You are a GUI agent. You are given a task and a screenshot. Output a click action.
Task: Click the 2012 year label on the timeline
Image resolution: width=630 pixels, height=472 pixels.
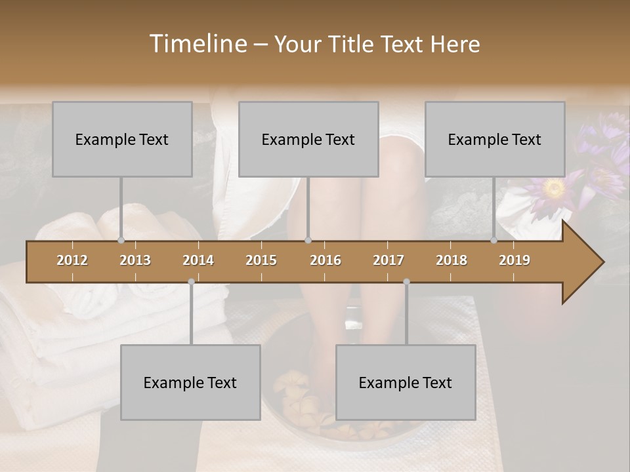[x=72, y=260]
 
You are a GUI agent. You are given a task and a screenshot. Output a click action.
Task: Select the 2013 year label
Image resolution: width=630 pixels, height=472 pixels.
[x=135, y=260]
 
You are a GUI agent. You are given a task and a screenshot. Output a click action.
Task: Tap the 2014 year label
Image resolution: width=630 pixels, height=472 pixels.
[x=198, y=260]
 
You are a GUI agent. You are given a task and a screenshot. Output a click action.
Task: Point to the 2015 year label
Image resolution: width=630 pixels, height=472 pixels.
[x=261, y=260]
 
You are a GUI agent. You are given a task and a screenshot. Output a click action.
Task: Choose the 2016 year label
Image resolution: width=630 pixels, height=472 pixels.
[x=325, y=260]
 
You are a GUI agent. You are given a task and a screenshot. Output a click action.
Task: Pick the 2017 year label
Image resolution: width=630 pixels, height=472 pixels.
[x=388, y=260]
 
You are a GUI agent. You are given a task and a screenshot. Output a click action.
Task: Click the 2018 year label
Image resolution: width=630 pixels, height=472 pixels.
[x=451, y=260]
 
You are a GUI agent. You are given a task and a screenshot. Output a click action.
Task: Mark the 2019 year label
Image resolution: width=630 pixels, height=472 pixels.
[x=514, y=260]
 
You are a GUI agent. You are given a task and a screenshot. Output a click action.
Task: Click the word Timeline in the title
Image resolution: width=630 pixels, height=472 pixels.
[x=197, y=44]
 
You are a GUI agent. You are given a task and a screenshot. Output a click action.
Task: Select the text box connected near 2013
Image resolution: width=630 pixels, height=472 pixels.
[x=122, y=139]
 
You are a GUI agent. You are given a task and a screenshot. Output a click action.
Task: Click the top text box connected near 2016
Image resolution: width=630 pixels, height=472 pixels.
[x=308, y=139]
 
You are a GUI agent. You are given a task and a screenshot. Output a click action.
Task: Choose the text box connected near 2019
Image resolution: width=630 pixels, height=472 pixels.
[x=495, y=139]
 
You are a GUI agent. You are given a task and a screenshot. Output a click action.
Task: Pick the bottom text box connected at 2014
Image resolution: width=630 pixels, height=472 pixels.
[x=190, y=382]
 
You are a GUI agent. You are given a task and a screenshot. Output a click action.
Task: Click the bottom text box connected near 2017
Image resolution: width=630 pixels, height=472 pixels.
[x=406, y=382]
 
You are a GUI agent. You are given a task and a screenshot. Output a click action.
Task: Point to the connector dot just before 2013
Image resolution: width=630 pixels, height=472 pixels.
[x=121, y=240]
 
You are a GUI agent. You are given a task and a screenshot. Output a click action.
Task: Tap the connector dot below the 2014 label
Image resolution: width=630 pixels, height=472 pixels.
[x=191, y=282]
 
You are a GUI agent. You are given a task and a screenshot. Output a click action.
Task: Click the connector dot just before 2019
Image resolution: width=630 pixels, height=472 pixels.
[x=493, y=240]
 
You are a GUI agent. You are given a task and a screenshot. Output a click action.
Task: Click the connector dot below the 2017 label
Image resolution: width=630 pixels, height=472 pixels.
[x=406, y=282]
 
